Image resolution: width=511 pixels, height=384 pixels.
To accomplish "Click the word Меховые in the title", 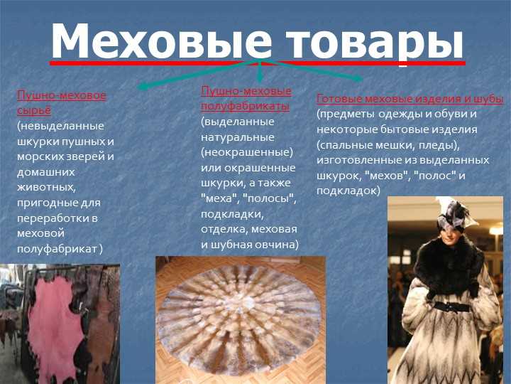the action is (x=161, y=41).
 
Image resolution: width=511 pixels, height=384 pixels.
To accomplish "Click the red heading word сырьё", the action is (x=34, y=111).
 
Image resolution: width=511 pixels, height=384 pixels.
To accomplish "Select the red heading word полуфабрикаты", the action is (x=245, y=106).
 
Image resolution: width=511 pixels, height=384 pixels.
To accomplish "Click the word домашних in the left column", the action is (x=46, y=172).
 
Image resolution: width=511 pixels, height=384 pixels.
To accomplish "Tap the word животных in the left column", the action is (x=47, y=188).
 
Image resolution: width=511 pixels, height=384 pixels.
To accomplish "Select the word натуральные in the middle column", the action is (x=238, y=137).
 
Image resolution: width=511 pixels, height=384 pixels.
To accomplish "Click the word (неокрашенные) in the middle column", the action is (x=247, y=152).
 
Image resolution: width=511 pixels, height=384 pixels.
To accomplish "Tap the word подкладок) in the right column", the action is (x=348, y=191).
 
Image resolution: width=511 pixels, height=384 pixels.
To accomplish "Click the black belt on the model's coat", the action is (x=452, y=307).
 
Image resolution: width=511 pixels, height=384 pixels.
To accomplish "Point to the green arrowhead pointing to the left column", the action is (x=143, y=87).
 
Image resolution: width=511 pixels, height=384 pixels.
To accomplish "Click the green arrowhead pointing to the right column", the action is (x=358, y=78).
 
